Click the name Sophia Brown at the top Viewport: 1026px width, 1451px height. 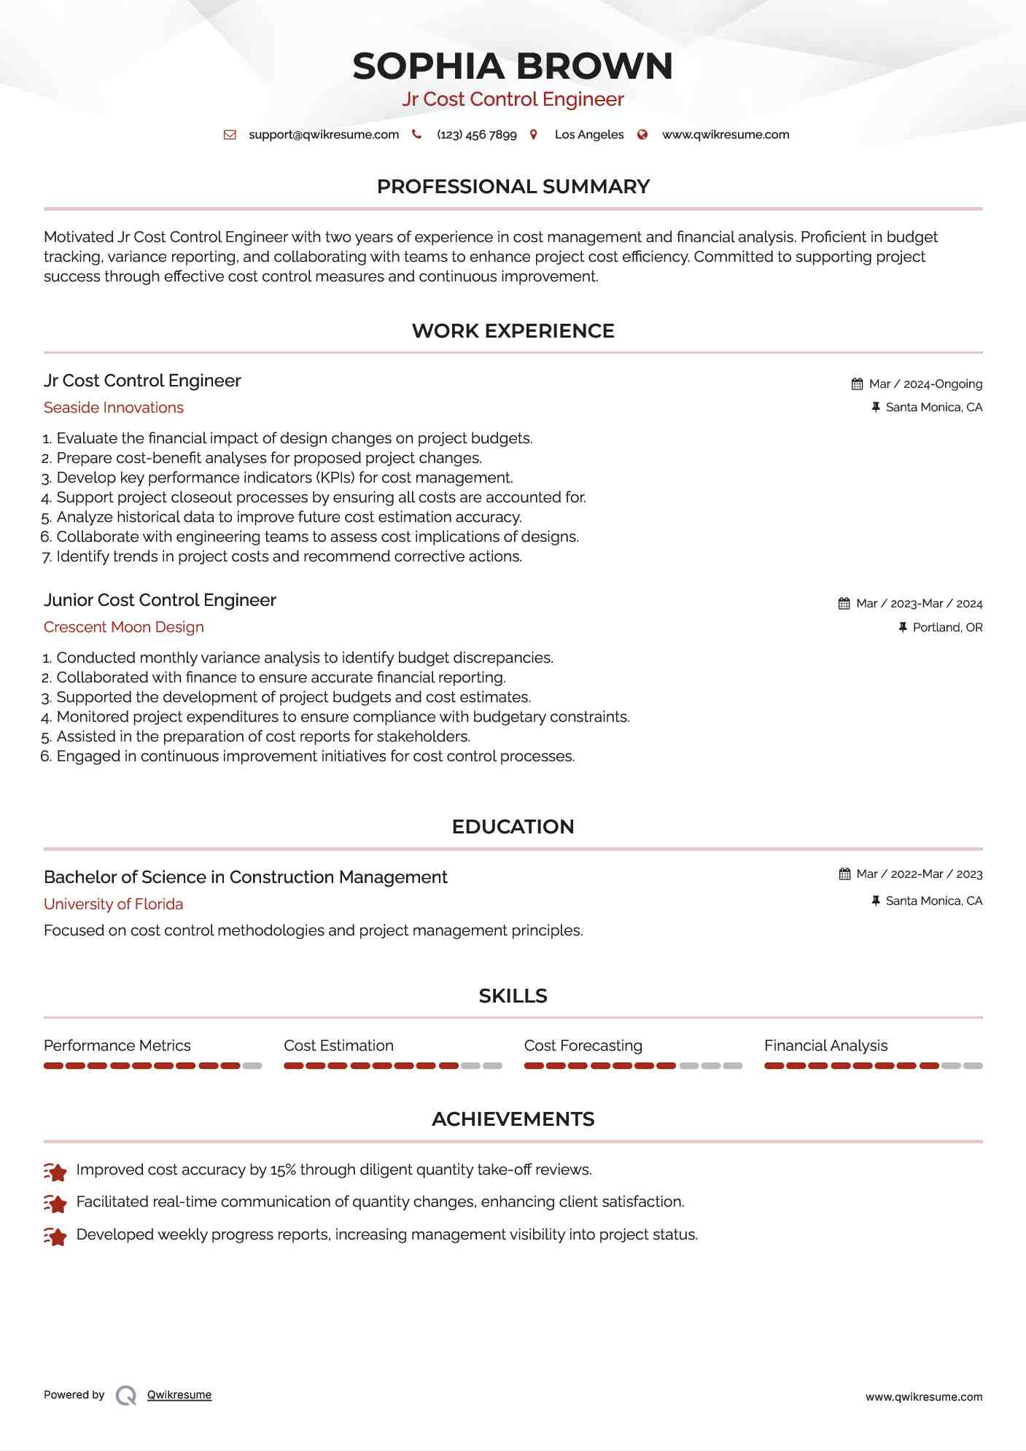click(x=513, y=66)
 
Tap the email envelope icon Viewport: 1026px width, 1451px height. click(x=230, y=135)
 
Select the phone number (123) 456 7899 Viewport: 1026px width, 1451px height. click(x=476, y=135)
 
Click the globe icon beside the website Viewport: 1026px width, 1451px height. click(x=642, y=135)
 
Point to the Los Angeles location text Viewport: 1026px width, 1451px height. click(x=588, y=135)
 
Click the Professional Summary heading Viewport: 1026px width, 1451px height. click(x=513, y=187)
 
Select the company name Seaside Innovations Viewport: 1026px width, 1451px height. click(x=114, y=408)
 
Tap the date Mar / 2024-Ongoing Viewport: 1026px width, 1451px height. click(x=925, y=384)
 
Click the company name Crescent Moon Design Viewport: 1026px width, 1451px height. click(x=124, y=627)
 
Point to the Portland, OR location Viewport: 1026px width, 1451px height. click(x=947, y=628)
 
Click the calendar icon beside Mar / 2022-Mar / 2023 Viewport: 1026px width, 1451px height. click(x=844, y=874)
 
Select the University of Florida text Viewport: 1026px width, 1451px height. click(x=114, y=904)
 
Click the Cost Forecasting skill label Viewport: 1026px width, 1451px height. click(x=583, y=1046)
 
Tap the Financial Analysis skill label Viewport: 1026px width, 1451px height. click(x=825, y=1046)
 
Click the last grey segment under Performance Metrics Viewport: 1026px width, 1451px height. click(x=252, y=1066)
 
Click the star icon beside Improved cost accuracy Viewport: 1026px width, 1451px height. click(x=55, y=1171)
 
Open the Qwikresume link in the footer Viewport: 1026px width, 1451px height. click(x=179, y=1395)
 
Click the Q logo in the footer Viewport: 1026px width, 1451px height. click(x=126, y=1396)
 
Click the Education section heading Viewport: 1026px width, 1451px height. click(x=513, y=827)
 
